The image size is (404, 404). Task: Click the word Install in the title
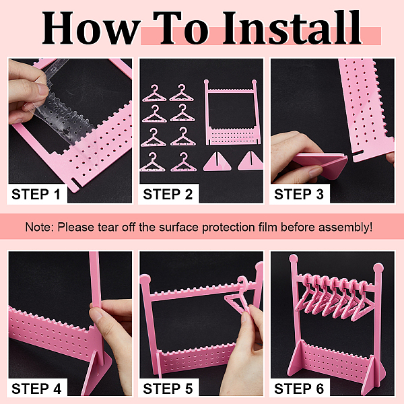(x=292, y=28)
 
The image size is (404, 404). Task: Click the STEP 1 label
(x=36, y=194)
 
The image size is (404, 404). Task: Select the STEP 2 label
(x=168, y=194)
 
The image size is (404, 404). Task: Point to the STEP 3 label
(x=299, y=194)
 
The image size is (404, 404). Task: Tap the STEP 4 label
(x=36, y=389)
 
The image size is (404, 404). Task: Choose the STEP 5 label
(x=168, y=389)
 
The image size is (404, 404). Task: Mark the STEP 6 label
(x=299, y=389)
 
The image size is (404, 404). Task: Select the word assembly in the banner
(x=343, y=228)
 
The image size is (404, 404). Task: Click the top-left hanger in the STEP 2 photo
(x=154, y=93)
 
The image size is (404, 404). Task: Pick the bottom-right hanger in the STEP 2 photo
(x=182, y=162)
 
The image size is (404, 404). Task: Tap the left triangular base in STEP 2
(x=217, y=162)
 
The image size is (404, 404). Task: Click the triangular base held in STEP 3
(x=321, y=165)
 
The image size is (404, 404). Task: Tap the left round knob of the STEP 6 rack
(x=294, y=259)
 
